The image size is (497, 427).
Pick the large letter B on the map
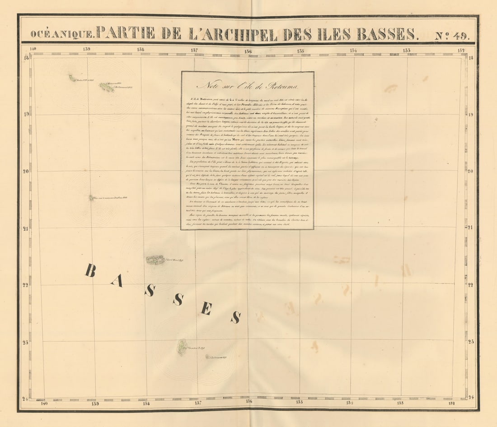(90, 270)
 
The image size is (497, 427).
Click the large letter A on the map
(117, 281)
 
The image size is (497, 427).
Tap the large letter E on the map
(206, 309)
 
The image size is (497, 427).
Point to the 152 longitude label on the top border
(461, 50)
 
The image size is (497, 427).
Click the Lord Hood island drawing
(155, 260)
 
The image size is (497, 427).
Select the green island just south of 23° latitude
(182, 347)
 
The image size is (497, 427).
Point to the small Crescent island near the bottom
(208, 357)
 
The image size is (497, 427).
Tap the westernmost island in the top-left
(72, 79)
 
